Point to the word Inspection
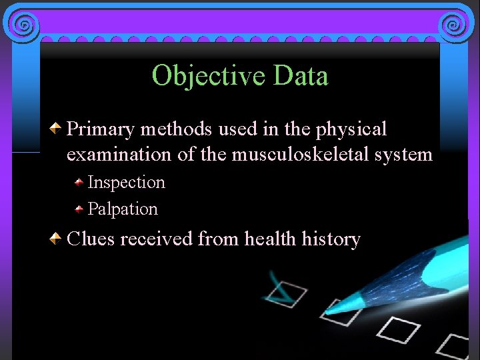[x=126, y=182]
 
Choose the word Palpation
[x=123, y=209]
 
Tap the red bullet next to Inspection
[x=79, y=182]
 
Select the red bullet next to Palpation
[x=79, y=209]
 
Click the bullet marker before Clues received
[x=58, y=237]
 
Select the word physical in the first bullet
[x=355, y=129]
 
